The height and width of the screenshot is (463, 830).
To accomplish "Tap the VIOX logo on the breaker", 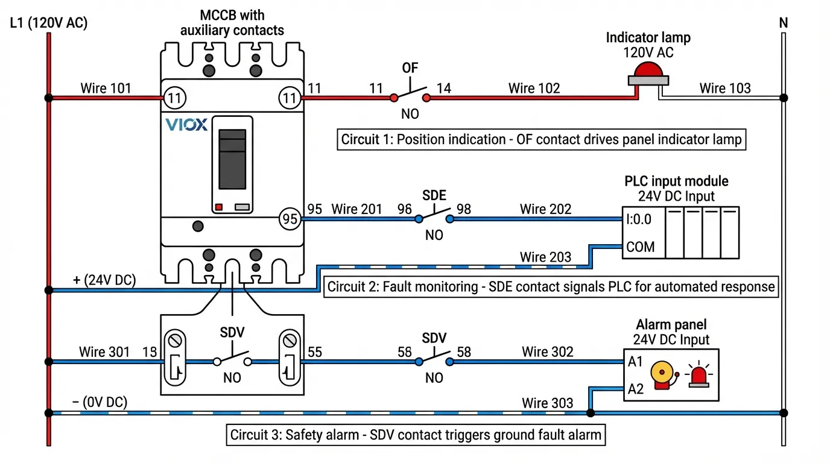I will tap(186, 125).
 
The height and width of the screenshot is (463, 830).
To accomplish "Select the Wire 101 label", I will tap(106, 89).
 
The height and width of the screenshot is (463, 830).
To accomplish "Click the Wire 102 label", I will tap(534, 89).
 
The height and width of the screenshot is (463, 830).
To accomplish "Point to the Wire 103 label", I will tap(725, 89).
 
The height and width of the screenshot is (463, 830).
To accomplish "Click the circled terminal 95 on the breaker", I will tap(290, 219).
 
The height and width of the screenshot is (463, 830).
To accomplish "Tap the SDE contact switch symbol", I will tap(434, 217).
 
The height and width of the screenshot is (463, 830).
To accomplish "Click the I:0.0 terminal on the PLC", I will tap(638, 219).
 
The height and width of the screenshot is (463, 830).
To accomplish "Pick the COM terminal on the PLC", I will tap(640, 247).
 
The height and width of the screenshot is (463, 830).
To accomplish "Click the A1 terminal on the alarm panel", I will tap(636, 363).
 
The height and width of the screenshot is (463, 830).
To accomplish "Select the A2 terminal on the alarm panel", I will tap(636, 389).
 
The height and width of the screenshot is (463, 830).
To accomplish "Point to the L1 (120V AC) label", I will tap(49, 24).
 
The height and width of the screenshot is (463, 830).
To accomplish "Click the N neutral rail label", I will tap(784, 24).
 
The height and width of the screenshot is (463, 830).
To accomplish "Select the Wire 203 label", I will tap(545, 257).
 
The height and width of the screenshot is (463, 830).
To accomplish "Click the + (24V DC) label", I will tap(104, 280).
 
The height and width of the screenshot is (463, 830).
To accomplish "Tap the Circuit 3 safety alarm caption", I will tap(416, 435).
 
